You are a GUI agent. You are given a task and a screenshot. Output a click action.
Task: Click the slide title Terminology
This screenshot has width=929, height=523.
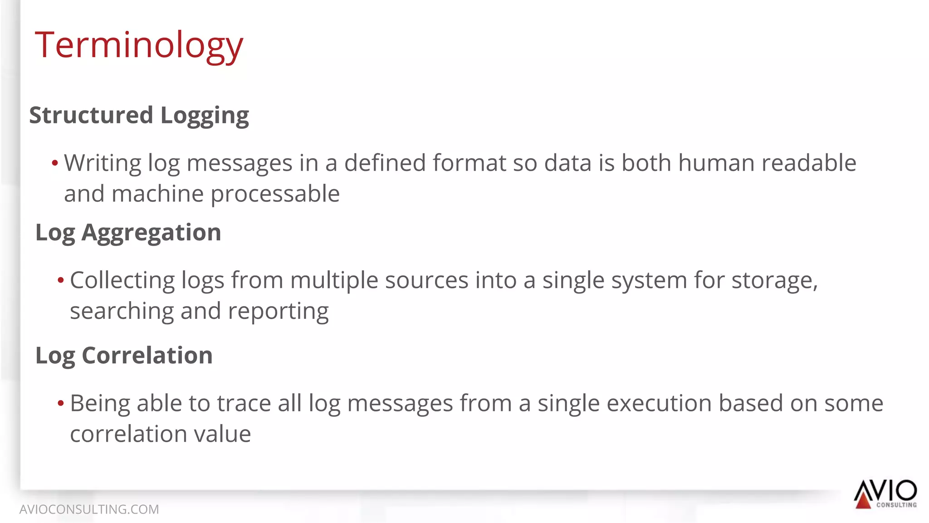(x=139, y=45)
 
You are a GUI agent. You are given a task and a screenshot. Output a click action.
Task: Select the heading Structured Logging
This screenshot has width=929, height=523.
(x=139, y=115)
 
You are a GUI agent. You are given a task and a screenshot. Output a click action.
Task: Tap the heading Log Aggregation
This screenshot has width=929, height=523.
(x=128, y=233)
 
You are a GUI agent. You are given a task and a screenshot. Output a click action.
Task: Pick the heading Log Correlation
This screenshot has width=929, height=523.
(x=124, y=356)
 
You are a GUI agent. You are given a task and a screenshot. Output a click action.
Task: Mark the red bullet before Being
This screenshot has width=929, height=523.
(x=61, y=403)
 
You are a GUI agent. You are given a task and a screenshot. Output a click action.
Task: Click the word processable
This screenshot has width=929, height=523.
(x=275, y=194)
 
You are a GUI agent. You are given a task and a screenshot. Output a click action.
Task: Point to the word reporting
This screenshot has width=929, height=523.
(x=278, y=312)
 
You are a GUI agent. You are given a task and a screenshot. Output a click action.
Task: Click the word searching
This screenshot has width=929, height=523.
(x=122, y=312)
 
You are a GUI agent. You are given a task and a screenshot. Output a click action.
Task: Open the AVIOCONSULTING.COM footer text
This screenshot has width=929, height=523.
(x=89, y=509)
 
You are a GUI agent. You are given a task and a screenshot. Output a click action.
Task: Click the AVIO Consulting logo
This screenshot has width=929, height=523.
(x=885, y=494)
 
